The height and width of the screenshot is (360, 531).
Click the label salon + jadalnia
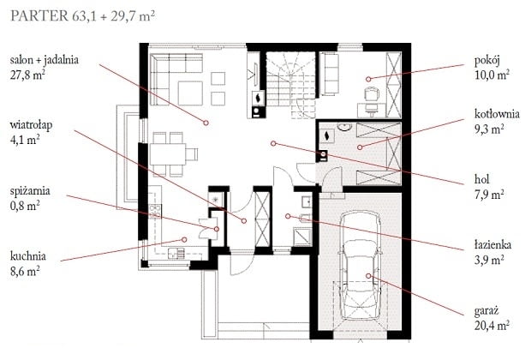(x=45, y=61)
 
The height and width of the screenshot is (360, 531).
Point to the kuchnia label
(x=28, y=255)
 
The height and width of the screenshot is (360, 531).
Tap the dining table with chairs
(x=170, y=150)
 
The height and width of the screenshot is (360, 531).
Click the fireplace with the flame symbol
(x=256, y=99)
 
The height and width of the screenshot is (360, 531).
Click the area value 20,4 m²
(x=491, y=326)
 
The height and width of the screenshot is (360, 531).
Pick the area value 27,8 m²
(x=27, y=75)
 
